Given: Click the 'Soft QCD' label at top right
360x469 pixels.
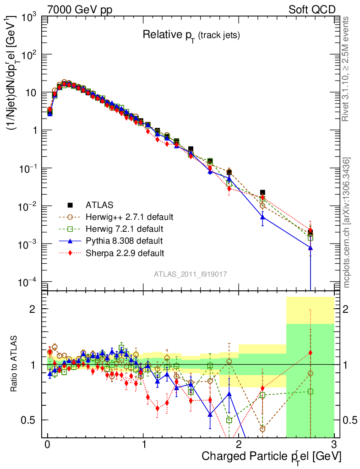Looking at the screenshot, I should tap(311, 10).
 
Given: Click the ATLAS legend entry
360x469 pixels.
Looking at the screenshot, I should tap(99, 204).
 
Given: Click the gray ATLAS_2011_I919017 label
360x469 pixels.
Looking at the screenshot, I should tap(190, 274).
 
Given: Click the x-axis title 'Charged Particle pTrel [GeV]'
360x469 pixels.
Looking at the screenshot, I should tap(271, 457).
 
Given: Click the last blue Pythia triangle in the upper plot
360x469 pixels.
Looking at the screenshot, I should tap(311, 248).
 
